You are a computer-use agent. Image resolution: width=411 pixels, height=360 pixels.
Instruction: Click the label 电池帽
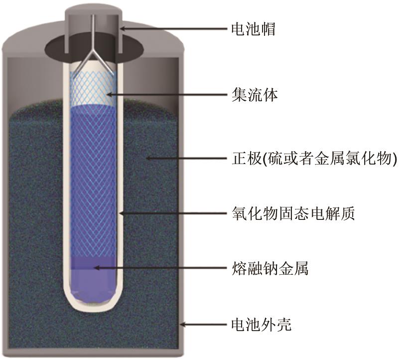point(253,29)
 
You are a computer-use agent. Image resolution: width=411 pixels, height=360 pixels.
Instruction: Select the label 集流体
point(254,95)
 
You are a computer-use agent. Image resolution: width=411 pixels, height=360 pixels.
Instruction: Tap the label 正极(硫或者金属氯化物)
point(314,158)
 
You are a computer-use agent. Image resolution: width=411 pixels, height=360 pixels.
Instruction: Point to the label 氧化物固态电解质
point(293,213)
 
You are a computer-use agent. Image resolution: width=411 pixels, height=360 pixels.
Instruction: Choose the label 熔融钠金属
point(270,268)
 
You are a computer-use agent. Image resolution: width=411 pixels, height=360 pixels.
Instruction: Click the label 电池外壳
point(262,325)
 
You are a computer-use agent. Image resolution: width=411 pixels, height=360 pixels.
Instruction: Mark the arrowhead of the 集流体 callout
point(110,94)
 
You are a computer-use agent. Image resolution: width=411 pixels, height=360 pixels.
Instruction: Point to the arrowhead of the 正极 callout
point(149,158)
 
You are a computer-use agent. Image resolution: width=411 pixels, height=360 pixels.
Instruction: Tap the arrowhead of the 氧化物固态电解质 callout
point(122,213)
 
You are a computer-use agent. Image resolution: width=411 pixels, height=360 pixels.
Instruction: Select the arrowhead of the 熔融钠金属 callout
point(97,268)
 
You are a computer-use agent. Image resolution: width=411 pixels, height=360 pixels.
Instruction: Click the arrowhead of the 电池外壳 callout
point(183,325)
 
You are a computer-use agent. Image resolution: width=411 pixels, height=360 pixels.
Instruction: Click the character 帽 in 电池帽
point(268,29)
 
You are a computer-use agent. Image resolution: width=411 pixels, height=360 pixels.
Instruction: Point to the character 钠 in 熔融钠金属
point(270,268)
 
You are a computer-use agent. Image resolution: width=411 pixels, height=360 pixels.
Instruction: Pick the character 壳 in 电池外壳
point(284,325)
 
